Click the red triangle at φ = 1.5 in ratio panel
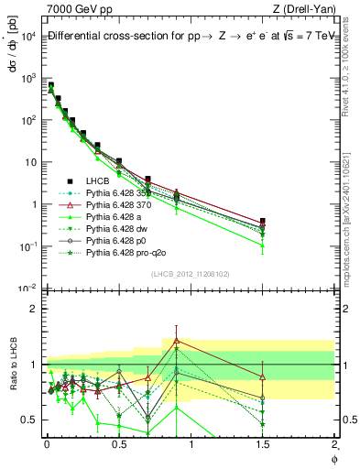tap(263, 376)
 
